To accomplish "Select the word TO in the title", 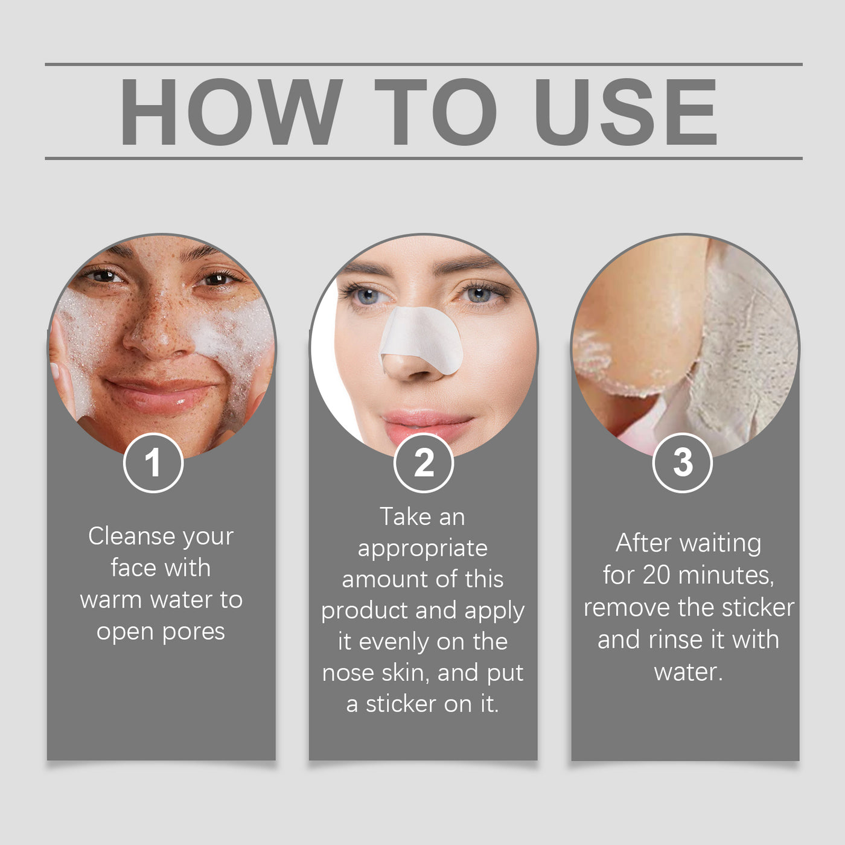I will tap(435, 112).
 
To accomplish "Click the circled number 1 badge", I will tap(153, 463).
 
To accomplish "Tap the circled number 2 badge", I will tap(423, 463).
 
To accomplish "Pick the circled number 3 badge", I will tap(683, 463).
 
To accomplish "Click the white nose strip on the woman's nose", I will tap(422, 338).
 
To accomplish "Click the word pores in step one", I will tap(193, 632).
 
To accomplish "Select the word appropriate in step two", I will tap(422, 549).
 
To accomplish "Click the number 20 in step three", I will tap(656, 575).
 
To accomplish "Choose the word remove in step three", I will tap(627, 608).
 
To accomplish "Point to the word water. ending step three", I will tap(688, 672).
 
